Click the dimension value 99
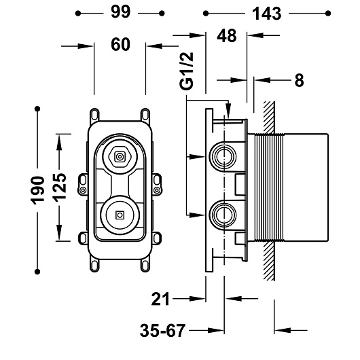click(120, 12)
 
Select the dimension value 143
click(266, 14)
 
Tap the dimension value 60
click(120, 45)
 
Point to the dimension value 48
click(227, 36)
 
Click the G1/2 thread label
click(186, 71)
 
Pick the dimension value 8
click(299, 80)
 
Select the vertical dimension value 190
click(37, 190)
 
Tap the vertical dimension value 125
click(60, 187)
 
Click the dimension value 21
click(160, 299)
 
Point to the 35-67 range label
click(162, 331)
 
